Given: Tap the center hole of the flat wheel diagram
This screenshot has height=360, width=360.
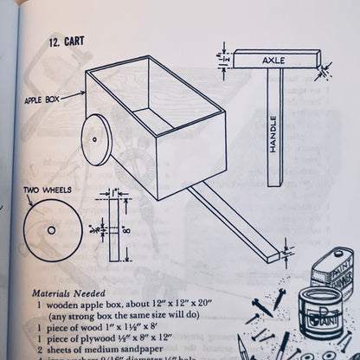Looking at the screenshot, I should (x=52, y=230).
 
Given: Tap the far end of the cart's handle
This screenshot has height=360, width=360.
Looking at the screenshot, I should (x=277, y=255).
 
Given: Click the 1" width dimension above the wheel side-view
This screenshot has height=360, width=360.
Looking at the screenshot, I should (x=114, y=190).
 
